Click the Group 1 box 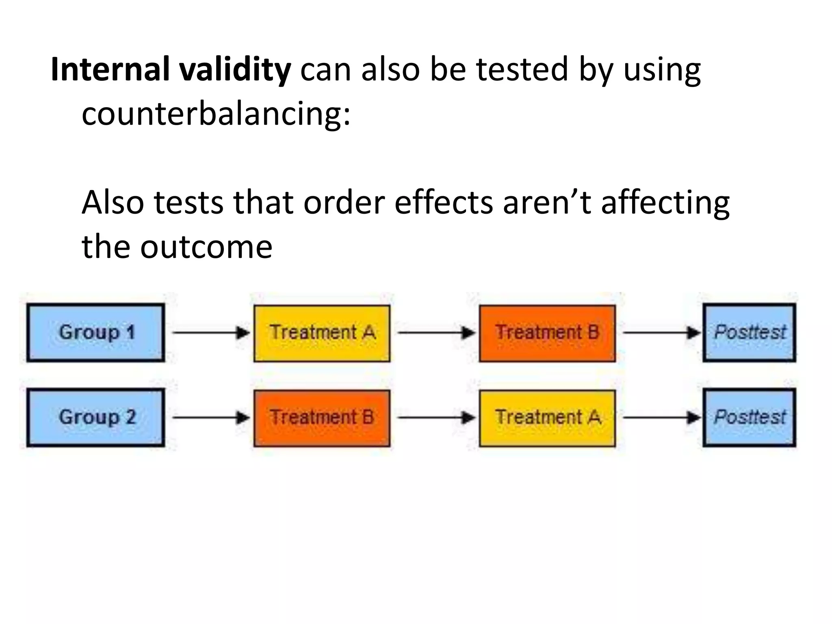pyautogui.click(x=96, y=332)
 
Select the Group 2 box pyautogui.click(x=96, y=417)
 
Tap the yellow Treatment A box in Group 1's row pyautogui.click(x=322, y=333)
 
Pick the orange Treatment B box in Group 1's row pyautogui.click(x=547, y=333)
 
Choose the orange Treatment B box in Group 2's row pyautogui.click(x=322, y=418)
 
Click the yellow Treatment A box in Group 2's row pyautogui.click(x=547, y=418)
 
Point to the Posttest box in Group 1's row pyautogui.click(x=750, y=332)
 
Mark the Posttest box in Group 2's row pyautogui.click(x=750, y=417)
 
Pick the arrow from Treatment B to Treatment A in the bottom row pyautogui.click(x=435, y=418)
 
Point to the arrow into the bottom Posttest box pyautogui.click(x=661, y=418)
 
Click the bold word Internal pyautogui.click(x=110, y=69)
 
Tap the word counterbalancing pyautogui.click(x=216, y=113)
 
